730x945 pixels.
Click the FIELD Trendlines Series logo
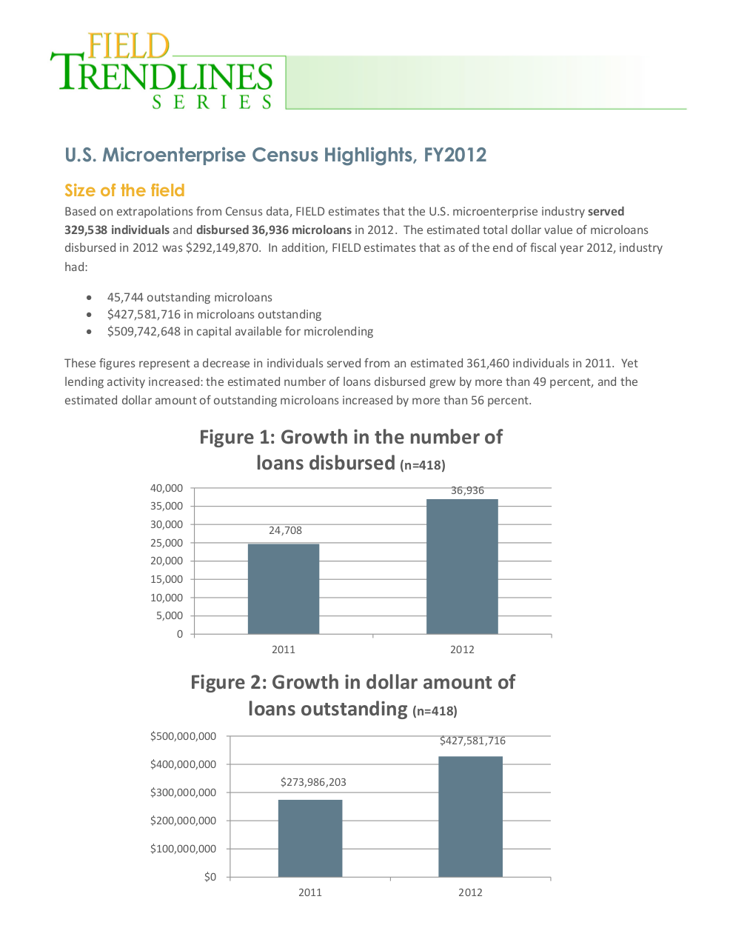point(162,71)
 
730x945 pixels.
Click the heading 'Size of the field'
point(124,190)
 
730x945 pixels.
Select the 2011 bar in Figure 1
point(284,589)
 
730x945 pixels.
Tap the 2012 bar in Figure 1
point(462,567)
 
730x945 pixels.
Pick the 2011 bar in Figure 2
point(310,838)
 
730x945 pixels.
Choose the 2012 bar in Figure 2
point(470,817)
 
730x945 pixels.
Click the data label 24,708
point(285,530)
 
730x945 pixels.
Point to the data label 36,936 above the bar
point(467,490)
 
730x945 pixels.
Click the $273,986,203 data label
point(313,782)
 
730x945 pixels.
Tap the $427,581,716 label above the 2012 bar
point(472,741)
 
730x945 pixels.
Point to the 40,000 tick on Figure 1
point(167,488)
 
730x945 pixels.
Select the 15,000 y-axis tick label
point(167,579)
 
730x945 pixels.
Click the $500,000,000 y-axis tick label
point(183,736)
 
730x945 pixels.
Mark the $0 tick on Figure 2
point(210,877)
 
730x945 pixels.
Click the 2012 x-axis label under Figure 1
point(462,650)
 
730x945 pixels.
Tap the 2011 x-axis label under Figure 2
point(310,892)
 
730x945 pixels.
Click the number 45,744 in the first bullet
point(125,297)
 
